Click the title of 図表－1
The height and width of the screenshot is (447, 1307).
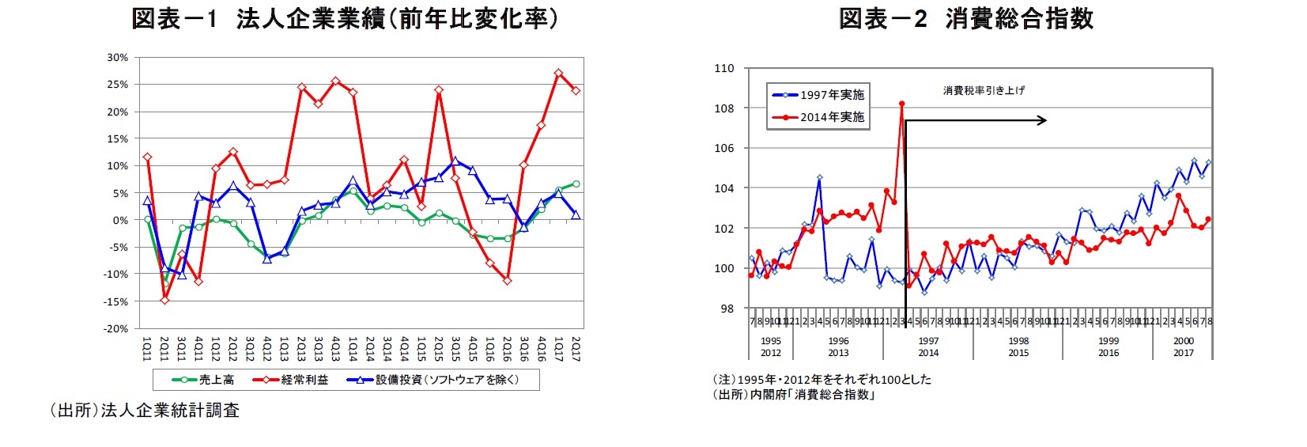pos(345,18)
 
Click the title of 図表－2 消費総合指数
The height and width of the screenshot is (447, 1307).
pos(965,18)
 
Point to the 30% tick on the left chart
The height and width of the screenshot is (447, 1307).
pos(117,58)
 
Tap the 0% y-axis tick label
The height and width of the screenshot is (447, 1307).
pos(119,220)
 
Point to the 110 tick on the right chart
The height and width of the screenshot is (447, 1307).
pos(724,69)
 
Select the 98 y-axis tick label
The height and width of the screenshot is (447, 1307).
pos(727,309)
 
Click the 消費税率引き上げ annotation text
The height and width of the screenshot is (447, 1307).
pos(983,90)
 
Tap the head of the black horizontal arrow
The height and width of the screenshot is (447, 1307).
pos(1044,120)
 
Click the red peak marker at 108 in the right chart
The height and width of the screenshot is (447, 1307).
pos(901,104)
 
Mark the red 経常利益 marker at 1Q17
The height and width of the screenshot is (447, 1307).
pos(558,73)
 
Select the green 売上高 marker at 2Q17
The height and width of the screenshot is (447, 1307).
pos(576,184)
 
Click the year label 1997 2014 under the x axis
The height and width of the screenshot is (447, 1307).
pos(928,347)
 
